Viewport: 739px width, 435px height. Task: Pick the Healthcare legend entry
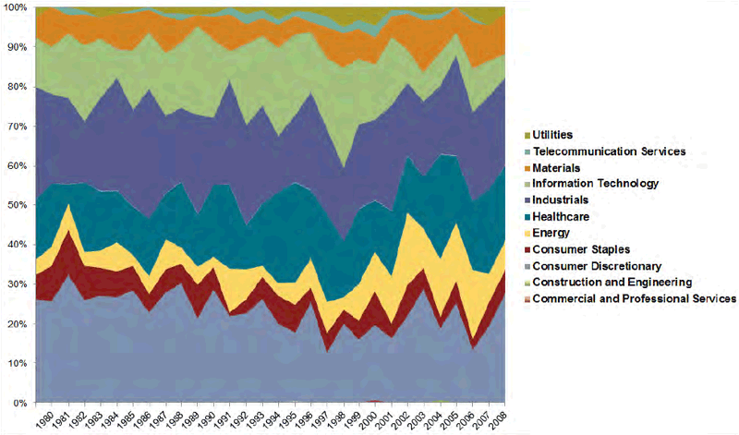pos(563,217)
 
